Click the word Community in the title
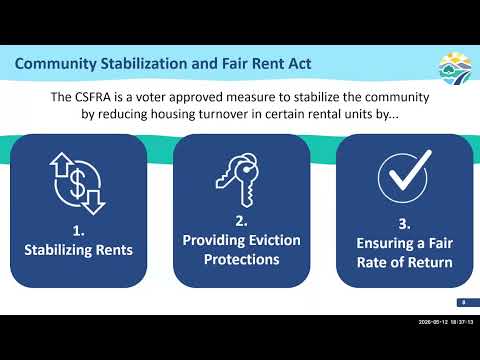(56, 64)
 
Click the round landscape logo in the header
(455, 69)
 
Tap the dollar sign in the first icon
(77, 184)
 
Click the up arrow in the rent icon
(62, 164)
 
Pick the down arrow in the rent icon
(94, 202)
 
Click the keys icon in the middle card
(238, 180)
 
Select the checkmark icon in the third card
(404, 176)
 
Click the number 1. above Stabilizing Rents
(78, 231)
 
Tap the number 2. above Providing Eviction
(241, 221)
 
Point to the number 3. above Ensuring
(404, 224)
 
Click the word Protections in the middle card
(242, 259)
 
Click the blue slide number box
(468, 303)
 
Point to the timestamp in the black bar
(446, 322)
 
